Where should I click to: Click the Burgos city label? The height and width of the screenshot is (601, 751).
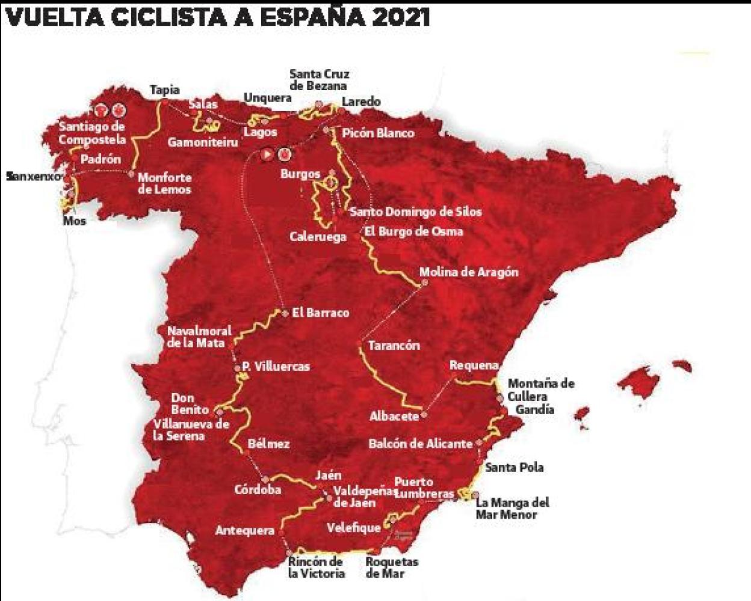[x=300, y=174]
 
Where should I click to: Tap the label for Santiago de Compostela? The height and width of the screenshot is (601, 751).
[x=92, y=133]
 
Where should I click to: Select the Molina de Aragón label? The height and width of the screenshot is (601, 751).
[x=468, y=272]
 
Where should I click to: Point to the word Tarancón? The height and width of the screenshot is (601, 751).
[x=394, y=346]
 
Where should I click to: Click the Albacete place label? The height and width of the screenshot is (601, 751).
[x=394, y=416]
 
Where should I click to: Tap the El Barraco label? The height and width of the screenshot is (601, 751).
[x=320, y=313]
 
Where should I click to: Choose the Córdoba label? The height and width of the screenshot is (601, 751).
[x=258, y=489]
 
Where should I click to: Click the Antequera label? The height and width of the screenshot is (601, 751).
[x=244, y=531]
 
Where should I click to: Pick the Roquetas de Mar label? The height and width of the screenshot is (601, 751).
[x=392, y=567]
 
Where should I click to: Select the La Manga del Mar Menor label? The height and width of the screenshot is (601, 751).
[x=512, y=508]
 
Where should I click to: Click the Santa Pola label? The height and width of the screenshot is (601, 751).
[x=514, y=467]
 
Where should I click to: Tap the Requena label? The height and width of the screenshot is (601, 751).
[x=474, y=365]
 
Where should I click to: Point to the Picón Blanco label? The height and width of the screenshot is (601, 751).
[x=378, y=132]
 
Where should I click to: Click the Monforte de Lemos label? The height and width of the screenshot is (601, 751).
[x=164, y=183]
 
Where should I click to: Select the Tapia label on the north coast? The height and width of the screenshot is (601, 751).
[x=165, y=90]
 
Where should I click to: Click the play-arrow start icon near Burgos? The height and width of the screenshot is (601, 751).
[x=267, y=154]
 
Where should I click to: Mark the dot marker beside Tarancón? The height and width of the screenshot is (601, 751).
[x=359, y=344]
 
